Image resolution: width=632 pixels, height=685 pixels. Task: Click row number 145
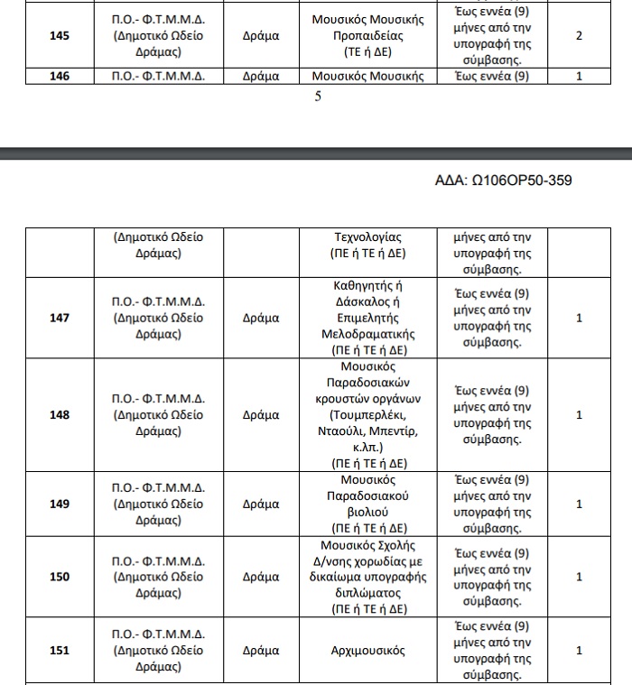click(59, 36)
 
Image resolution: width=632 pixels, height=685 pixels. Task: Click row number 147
click(59, 318)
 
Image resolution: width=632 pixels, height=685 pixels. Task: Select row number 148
click(59, 415)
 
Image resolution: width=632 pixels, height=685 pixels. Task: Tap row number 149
click(59, 504)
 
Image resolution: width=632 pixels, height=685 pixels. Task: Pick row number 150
click(59, 577)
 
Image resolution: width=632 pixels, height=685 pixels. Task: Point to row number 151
click(59, 650)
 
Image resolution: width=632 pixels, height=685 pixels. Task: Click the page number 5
click(318, 97)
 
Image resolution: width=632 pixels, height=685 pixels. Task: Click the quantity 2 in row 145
click(579, 36)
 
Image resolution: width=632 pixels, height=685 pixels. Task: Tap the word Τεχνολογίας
click(368, 237)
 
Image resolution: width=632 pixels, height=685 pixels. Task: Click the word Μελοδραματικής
click(368, 333)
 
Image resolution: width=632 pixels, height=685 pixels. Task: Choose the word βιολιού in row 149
click(368, 512)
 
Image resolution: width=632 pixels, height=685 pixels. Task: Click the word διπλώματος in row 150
click(368, 593)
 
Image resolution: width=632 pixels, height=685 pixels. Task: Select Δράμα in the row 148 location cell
click(261, 415)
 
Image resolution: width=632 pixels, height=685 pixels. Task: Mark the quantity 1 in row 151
click(579, 650)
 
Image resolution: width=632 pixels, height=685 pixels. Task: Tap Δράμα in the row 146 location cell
click(261, 77)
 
